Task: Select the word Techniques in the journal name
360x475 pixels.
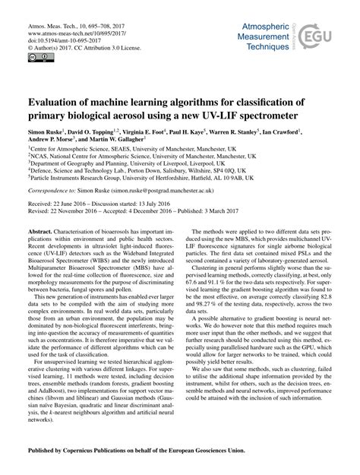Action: pos(264,46)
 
